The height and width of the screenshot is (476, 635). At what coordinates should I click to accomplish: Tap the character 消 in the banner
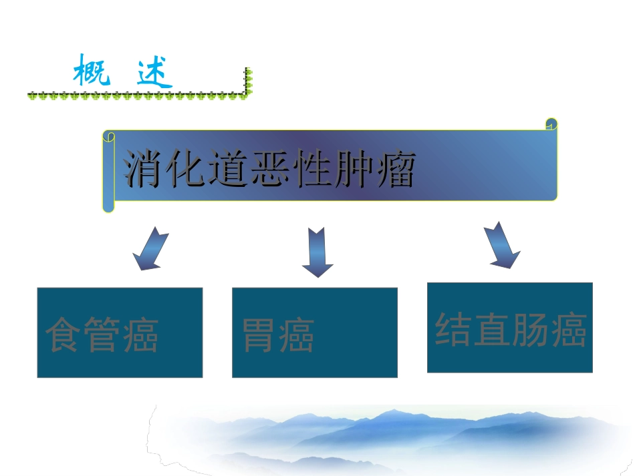pos(144,170)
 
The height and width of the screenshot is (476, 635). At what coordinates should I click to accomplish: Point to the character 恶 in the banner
pos(269,170)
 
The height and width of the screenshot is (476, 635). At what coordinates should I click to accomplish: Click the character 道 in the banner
pos(227,170)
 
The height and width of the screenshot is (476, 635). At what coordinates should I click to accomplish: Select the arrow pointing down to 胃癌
pos(317,252)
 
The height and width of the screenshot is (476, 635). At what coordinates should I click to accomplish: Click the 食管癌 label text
pos(102,335)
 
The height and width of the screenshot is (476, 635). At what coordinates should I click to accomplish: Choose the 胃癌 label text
pos(278,335)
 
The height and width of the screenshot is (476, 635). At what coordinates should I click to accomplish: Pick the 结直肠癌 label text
pos(511,330)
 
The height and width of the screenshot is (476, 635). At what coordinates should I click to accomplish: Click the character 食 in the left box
pos(64,335)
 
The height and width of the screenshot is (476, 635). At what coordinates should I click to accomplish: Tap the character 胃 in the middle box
pos(259,335)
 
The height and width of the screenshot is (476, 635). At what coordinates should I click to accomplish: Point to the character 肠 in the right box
pos(529,330)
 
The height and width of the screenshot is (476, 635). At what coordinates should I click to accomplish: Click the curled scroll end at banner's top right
pos(551,125)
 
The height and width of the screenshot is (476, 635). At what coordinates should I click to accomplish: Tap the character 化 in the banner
pos(186,170)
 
